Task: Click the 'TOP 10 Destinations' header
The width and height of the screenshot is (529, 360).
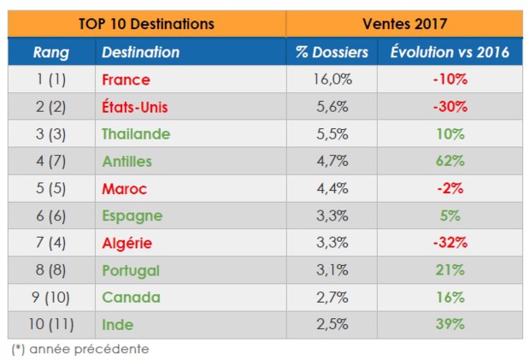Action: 146,24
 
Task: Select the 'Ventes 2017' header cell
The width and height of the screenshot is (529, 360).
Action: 403,24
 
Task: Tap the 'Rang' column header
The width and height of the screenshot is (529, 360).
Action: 51,52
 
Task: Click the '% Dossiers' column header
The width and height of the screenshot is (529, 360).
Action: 332,52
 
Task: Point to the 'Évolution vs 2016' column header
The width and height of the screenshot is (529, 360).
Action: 449,52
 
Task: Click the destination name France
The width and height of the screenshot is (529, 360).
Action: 126,80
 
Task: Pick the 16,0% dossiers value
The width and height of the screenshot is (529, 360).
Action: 332,80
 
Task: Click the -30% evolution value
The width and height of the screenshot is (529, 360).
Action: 449,107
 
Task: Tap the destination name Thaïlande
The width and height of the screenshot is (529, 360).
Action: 136,134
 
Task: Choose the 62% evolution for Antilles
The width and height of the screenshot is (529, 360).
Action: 449,161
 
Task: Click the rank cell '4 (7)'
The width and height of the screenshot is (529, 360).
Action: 51,161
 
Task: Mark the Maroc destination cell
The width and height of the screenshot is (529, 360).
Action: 125,188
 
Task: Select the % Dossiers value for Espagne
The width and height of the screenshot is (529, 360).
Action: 332,215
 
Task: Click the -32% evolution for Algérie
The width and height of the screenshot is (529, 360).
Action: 449,243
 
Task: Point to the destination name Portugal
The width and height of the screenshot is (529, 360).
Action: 131,270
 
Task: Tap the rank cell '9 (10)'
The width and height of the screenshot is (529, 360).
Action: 51,298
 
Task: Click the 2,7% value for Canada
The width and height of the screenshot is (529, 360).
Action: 332,298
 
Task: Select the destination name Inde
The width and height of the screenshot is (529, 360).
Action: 118,325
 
